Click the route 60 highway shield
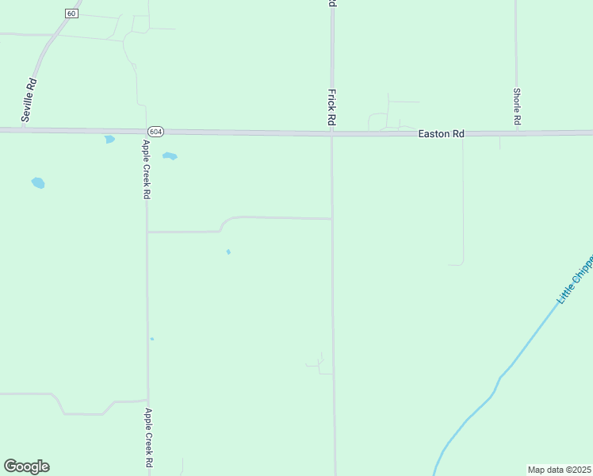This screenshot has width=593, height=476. (x=72, y=13)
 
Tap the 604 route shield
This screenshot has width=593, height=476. (x=155, y=131)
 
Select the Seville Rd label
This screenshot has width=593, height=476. (x=30, y=99)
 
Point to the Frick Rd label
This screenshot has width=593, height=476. (x=331, y=108)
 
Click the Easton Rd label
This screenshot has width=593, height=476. (x=441, y=135)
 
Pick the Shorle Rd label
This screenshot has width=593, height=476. (x=516, y=106)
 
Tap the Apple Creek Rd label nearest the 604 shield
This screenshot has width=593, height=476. (x=146, y=169)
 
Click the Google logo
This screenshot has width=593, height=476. (x=26, y=466)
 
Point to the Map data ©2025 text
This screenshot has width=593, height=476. (x=560, y=470)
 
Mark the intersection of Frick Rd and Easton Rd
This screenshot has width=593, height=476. (x=332, y=133)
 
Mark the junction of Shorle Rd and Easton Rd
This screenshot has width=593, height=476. (x=516, y=132)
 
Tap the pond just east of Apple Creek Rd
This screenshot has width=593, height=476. (x=170, y=156)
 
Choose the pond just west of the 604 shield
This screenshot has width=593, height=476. (x=109, y=140)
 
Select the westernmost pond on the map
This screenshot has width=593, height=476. (x=38, y=183)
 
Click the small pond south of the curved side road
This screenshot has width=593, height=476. (x=228, y=252)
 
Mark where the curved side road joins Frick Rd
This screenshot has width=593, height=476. (x=332, y=219)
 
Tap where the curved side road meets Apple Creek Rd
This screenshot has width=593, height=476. (x=147, y=232)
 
